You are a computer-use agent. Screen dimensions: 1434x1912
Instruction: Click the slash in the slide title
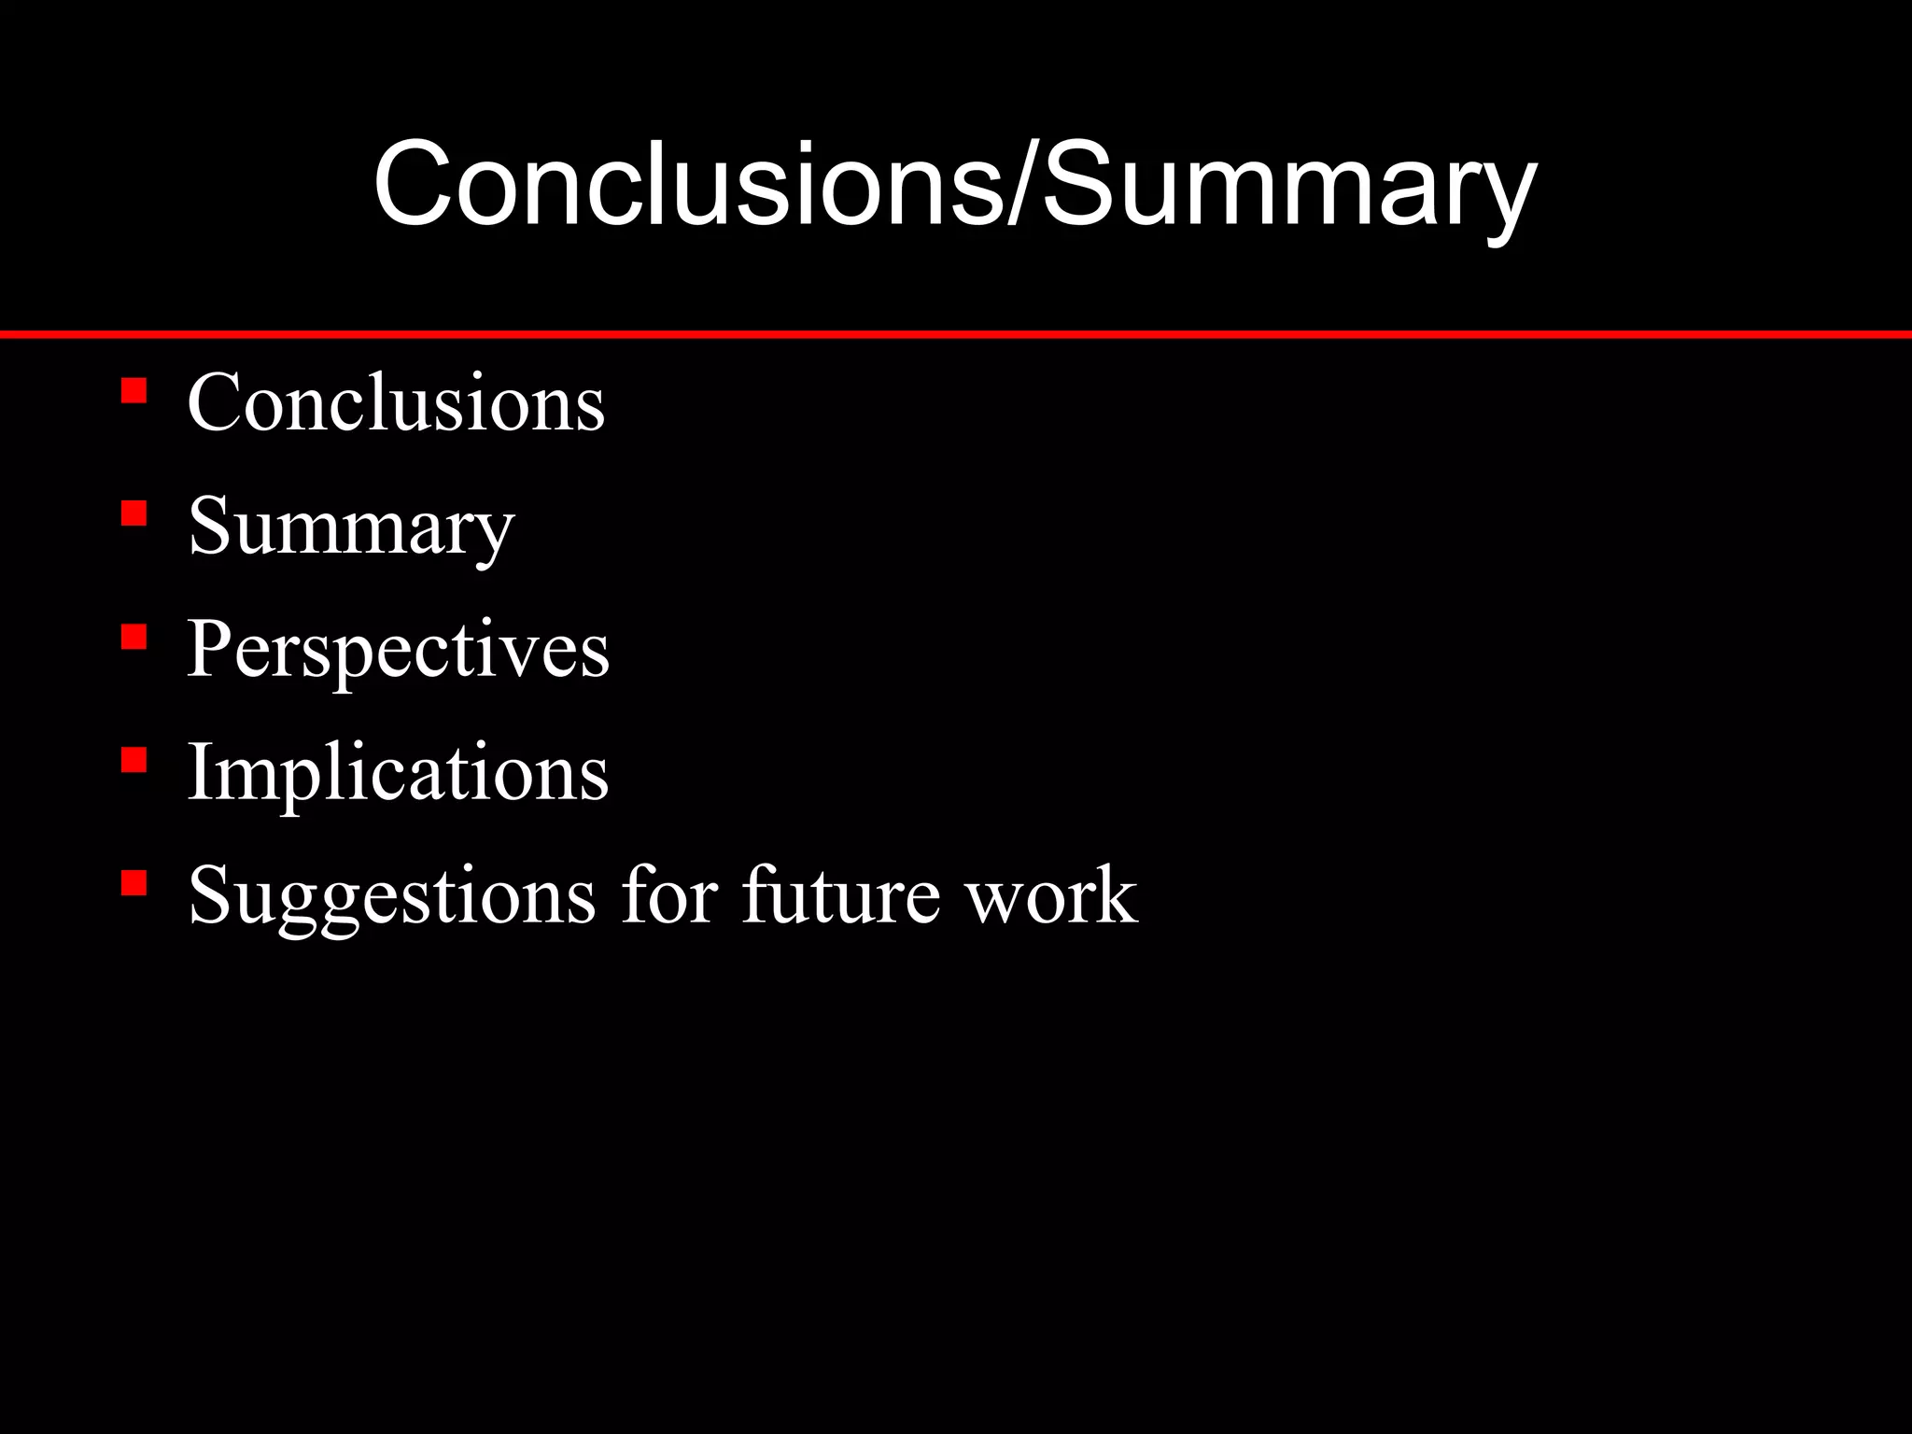(1021, 183)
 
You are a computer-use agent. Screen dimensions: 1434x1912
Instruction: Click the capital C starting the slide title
(412, 183)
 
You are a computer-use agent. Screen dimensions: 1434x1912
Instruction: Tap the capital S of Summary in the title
(1078, 183)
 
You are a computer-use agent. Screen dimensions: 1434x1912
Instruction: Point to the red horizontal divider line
(956, 334)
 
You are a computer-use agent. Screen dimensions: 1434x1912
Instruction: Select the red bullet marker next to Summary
(134, 513)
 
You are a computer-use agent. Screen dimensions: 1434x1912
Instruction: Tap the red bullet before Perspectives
(134, 637)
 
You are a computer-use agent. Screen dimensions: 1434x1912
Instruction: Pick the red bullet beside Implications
(134, 760)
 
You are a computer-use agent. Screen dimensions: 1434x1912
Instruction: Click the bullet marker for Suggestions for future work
(134, 883)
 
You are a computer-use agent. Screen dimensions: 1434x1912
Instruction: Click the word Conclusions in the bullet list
(396, 402)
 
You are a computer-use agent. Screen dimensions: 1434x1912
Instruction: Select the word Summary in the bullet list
(351, 527)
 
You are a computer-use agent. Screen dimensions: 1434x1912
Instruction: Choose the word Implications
(398, 773)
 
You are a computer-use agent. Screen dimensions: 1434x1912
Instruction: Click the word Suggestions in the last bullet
(391, 896)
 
